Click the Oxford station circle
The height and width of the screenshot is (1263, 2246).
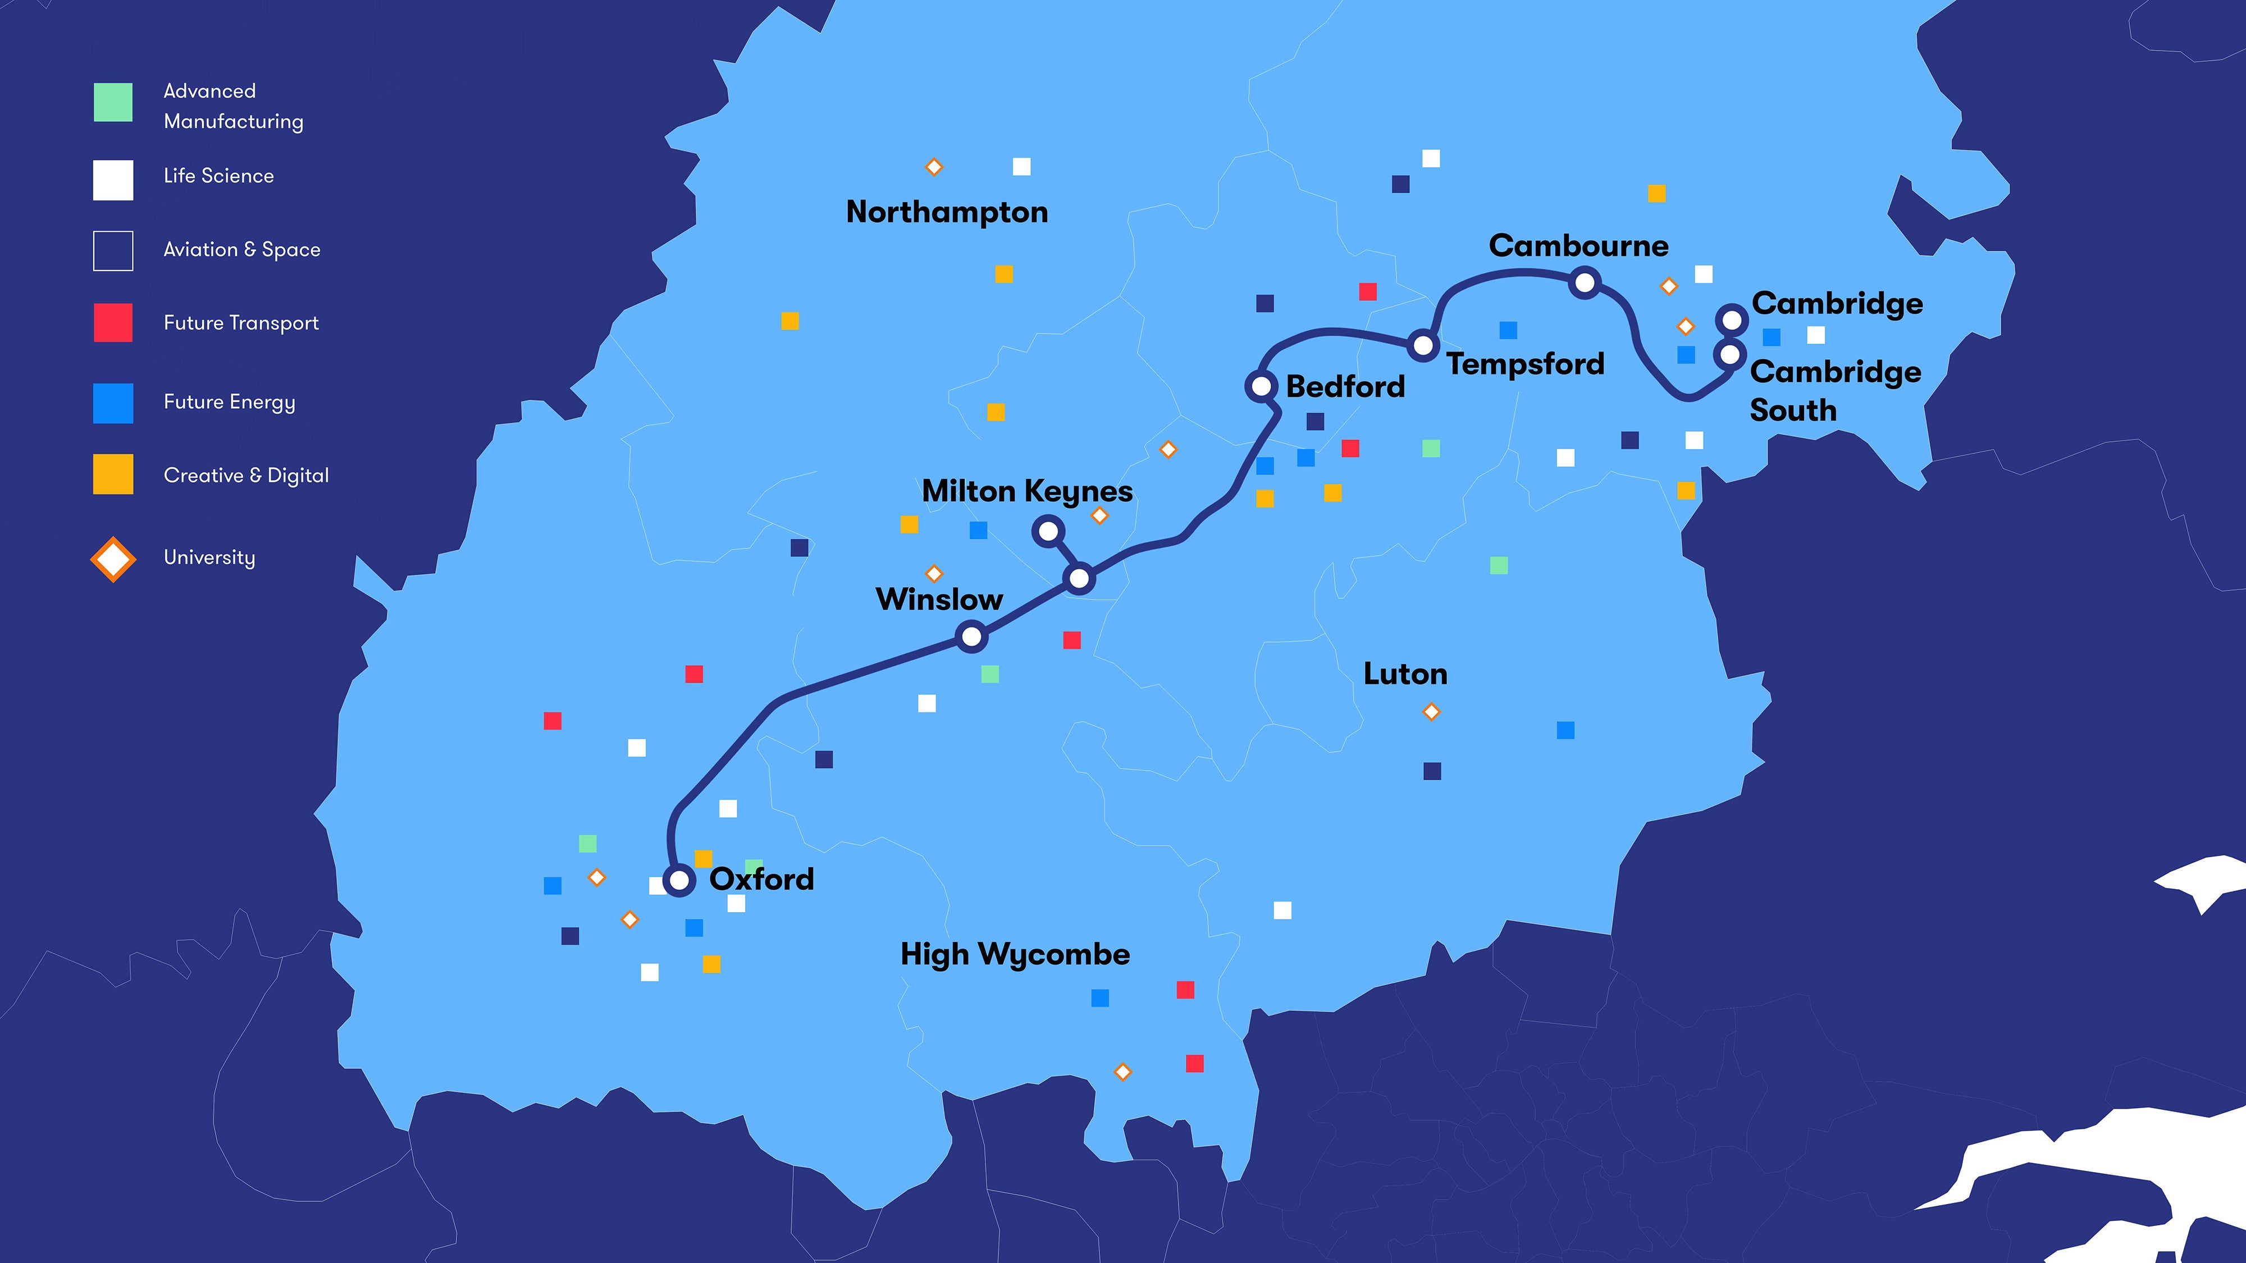678,880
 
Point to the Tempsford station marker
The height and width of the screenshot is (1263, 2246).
1423,346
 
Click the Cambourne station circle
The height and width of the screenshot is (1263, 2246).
1584,282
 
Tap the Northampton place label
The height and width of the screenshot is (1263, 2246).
947,212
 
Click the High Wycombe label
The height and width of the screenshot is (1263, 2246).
1015,954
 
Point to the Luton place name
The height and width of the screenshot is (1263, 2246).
1405,674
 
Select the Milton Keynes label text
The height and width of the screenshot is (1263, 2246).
1027,492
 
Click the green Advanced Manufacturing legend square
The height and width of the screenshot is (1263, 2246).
113,103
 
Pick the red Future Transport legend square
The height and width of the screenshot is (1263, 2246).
113,323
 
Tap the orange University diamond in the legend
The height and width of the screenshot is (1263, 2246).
113,559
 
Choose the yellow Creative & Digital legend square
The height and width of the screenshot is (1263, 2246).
113,474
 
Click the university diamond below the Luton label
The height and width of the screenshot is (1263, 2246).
1431,712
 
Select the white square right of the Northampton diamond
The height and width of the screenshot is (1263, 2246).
1021,167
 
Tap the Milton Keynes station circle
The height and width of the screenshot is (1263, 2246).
1048,531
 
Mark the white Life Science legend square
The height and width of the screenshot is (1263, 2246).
113,180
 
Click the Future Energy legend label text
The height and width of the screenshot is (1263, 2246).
229,402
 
